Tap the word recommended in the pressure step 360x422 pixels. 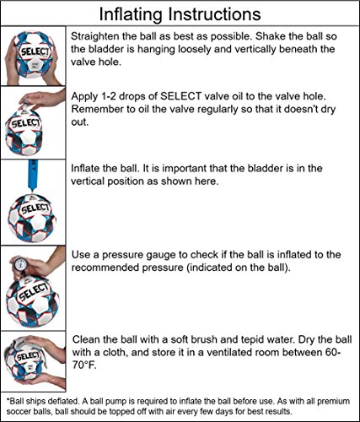coord(106,269)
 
